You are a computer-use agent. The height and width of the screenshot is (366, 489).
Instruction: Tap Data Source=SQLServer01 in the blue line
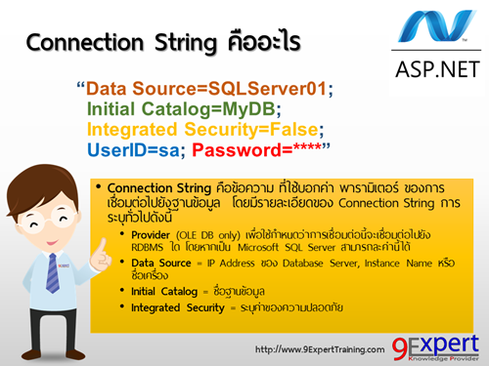pos(205,89)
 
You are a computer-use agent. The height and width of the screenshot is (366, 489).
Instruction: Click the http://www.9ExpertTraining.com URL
pos(317,348)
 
